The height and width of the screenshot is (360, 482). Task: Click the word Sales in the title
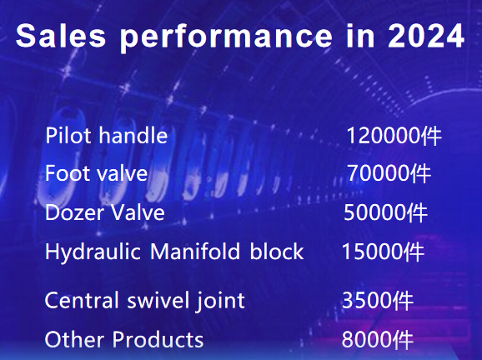(61, 36)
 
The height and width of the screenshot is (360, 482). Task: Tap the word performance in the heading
(226, 37)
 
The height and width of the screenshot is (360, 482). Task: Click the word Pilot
(68, 135)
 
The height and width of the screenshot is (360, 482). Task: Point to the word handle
(133, 135)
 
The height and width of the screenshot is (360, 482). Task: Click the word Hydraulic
(93, 252)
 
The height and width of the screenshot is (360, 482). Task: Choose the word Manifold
(195, 252)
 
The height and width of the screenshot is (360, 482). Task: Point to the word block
(277, 252)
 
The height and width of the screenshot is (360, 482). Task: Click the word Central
(82, 300)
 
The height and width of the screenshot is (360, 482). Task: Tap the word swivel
(158, 300)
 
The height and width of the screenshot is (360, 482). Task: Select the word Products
(158, 339)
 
